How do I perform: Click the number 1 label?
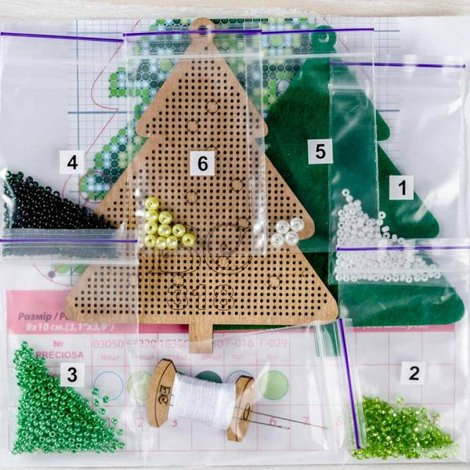coord(402,187)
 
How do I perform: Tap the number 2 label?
coord(414,373)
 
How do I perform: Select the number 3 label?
coord(72,374)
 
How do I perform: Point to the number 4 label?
coord(72,162)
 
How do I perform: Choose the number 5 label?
coord(320,150)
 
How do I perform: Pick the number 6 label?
coord(202,163)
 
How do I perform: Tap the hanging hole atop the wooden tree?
coord(204,31)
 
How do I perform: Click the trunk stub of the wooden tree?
coord(201,342)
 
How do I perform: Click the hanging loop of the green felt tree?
coord(324,37)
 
